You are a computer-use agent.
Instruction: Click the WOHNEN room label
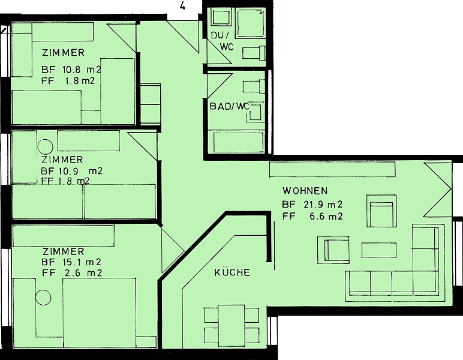pyautogui.click(x=305, y=191)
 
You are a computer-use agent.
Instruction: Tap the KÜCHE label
pyautogui.click(x=232, y=272)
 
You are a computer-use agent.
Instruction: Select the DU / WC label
pyautogui.click(x=223, y=41)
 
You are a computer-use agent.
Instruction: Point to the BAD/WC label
pyautogui.click(x=229, y=106)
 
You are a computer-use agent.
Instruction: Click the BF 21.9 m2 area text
pyautogui.click(x=312, y=205)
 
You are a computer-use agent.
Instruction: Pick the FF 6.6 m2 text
pyautogui.click(x=312, y=217)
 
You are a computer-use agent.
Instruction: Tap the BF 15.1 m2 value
pyautogui.click(x=71, y=262)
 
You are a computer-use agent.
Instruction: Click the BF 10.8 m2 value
pyautogui.click(x=71, y=70)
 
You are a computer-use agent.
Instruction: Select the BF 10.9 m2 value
pyautogui.click(x=71, y=171)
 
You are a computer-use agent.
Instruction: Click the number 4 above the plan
pyautogui.click(x=182, y=5)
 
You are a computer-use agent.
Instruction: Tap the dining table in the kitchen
pyautogui.click(x=231, y=326)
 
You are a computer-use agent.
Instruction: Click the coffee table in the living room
pyautogui.click(x=379, y=250)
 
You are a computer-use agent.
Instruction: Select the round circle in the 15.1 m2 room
pyautogui.click(x=43, y=298)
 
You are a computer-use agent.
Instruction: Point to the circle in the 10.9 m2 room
pyautogui.click(x=45, y=147)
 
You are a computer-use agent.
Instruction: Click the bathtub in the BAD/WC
pyautogui.click(x=238, y=143)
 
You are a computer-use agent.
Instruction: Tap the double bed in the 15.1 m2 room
pyautogui.click(x=100, y=313)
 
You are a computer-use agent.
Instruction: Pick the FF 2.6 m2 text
pyautogui.click(x=72, y=272)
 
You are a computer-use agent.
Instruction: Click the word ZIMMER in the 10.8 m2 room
pyautogui.click(x=63, y=53)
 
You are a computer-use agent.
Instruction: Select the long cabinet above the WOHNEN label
pyautogui.click(x=332, y=170)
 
